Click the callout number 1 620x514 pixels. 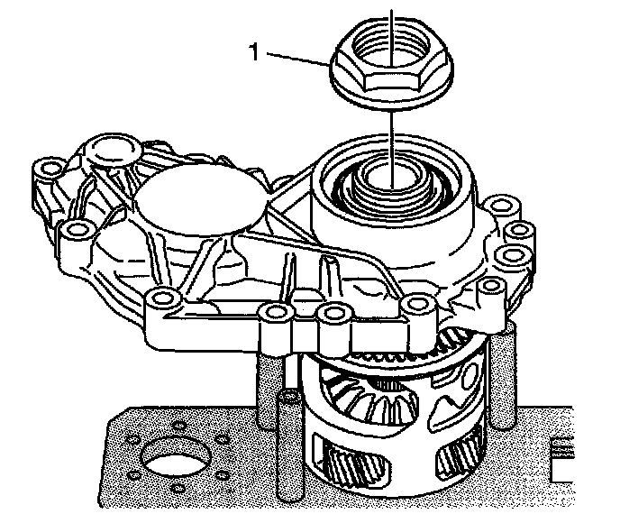click(x=255, y=52)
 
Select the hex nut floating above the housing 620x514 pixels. click(x=391, y=63)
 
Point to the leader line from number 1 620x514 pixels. click(x=298, y=59)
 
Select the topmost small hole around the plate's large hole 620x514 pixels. click(x=179, y=426)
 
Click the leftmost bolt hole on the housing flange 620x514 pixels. click(x=49, y=169)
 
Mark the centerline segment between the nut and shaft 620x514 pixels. click(x=391, y=150)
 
